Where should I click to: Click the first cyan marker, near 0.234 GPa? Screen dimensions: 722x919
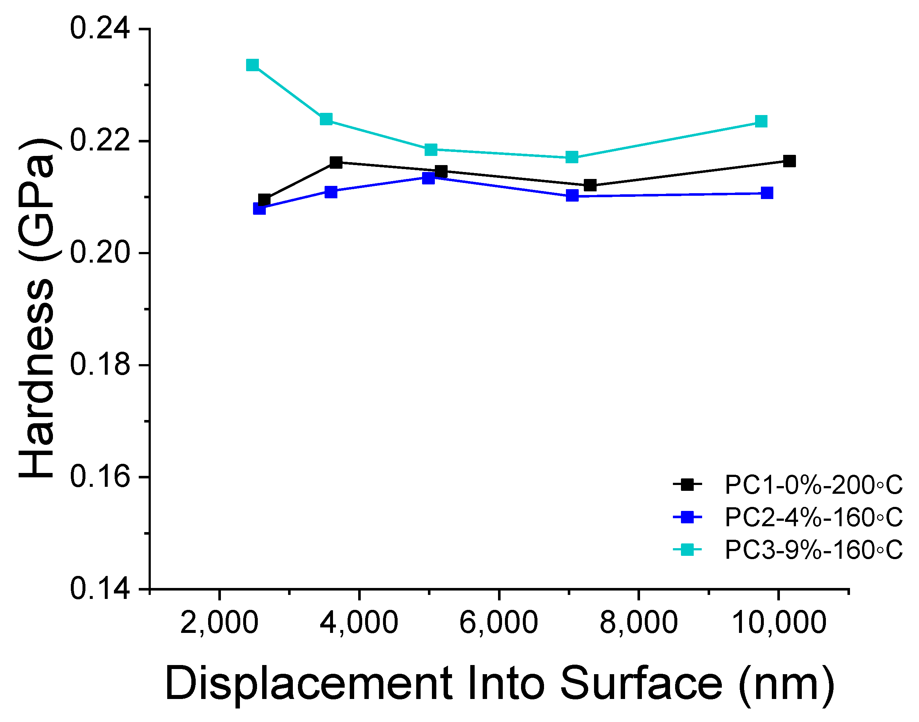coord(252,65)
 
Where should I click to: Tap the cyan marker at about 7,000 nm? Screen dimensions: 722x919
coord(572,157)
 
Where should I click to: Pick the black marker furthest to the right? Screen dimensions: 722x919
coord(789,161)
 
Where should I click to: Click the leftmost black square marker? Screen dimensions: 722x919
coord(264,199)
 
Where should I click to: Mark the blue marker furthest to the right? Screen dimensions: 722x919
coord(767,193)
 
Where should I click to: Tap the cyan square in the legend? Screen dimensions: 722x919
coord(688,550)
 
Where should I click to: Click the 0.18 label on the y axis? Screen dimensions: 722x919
coord(100,365)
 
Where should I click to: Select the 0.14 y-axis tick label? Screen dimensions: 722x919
coord(100,589)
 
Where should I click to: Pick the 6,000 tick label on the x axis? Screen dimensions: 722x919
coord(499,623)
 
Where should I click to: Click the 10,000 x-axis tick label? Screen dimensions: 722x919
coord(778,623)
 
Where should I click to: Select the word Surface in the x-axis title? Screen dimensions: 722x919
coord(641,684)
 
